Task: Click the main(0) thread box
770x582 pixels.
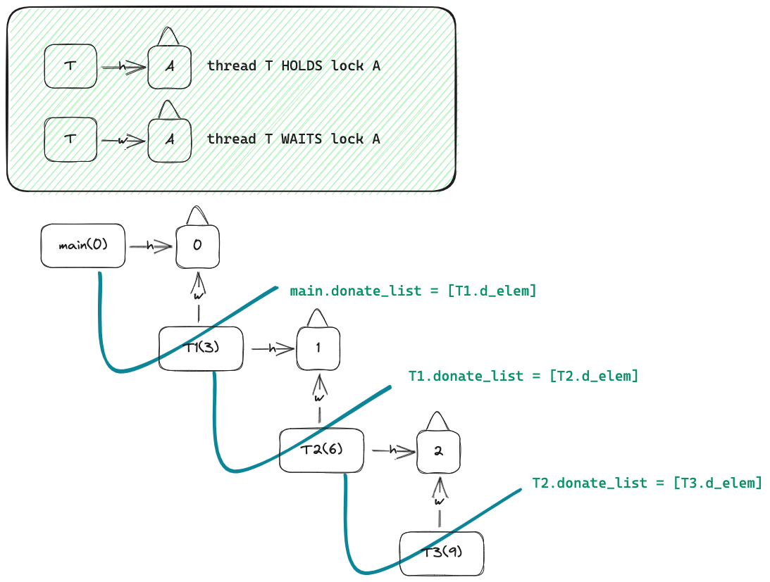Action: [x=83, y=246]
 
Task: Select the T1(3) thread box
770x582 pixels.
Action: [x=201, y=348]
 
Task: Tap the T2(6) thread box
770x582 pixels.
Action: [x=321, y=450]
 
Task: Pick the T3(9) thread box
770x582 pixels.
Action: [x=442, y=553]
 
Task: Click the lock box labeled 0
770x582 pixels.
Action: [x=197, y=246]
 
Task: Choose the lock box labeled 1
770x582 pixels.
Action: [x=318, y=348]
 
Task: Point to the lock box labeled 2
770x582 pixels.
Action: [x=438, y=451]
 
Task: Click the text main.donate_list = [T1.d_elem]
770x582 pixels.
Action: [x=413, y=291]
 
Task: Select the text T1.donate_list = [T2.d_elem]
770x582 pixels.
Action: [x=523, y=376]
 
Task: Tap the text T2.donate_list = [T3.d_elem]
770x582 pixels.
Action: [x=647, y=483]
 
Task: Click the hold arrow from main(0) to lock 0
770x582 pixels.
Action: [x=150, y=246]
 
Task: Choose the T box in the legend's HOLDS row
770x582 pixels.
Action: [x=70, y=66]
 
